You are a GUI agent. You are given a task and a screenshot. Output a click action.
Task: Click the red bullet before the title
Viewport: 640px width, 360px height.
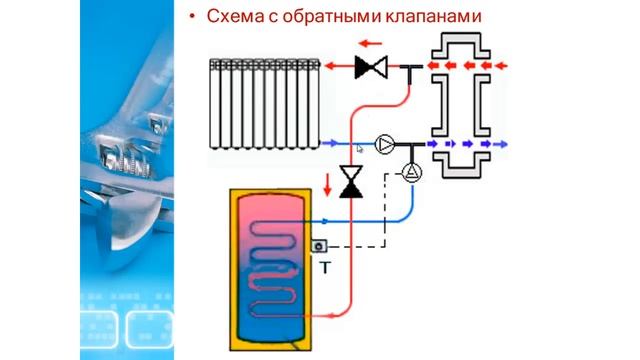(x=192, y=17)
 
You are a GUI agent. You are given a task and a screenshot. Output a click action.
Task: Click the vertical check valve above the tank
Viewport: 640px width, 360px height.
(x=350, y=182)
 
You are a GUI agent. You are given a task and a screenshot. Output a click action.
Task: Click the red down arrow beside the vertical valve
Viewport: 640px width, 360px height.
(x=327, y=184)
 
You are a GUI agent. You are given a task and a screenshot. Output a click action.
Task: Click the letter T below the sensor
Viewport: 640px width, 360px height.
(x=325, y=268)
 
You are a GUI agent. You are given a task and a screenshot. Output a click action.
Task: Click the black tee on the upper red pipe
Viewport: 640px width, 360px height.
(x=412, y=70)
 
